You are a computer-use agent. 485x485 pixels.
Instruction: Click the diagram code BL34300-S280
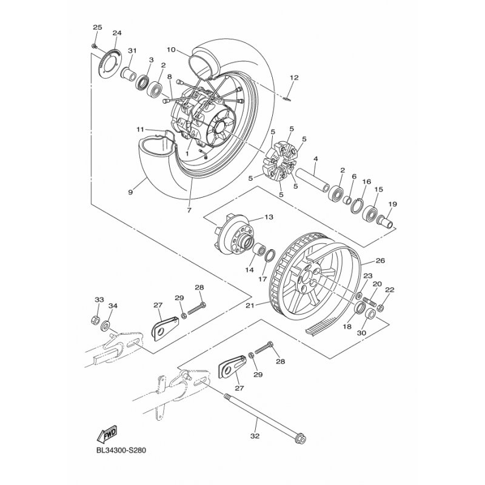coord(121,450)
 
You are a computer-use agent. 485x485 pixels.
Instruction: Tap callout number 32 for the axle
coord(255,436)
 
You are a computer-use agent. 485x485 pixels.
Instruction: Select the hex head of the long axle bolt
coord(301,439)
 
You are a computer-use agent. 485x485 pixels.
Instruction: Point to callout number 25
coord(98,27)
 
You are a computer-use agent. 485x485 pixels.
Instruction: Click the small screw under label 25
coord(94,47)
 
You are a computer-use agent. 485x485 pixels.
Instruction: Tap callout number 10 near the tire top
coord(171,50)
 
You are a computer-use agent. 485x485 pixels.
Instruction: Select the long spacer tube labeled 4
coord(312,179)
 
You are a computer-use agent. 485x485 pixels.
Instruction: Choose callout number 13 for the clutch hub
coord(269,217)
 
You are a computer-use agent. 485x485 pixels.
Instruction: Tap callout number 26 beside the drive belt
coord(380,261)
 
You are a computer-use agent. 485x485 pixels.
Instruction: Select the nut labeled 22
coord(381,308)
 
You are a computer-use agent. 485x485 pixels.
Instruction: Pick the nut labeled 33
coord(96,319)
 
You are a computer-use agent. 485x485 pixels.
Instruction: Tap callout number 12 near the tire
coord(294,78)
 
